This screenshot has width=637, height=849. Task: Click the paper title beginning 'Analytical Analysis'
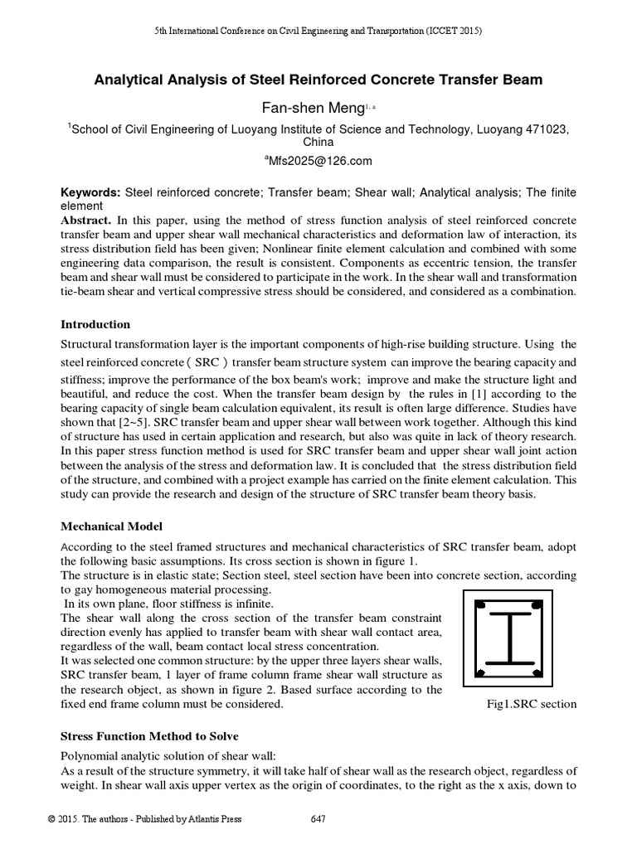318,80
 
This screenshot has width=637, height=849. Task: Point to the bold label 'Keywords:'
90,192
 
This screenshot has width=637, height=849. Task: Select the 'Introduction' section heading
95,324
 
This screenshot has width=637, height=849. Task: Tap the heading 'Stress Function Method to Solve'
153,736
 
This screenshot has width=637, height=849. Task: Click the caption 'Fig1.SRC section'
531,705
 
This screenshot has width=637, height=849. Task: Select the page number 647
318,820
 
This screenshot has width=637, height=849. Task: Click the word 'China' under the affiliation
318,142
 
